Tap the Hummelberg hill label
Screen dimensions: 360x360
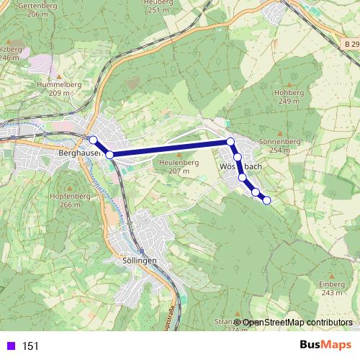click(x=59, y=84)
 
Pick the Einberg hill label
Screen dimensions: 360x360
click(x=332, y=284)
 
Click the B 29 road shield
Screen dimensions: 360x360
click(x=349, y=45)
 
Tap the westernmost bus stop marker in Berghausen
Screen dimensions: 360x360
click(x=93, y=140)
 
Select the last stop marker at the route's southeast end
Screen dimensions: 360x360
click(x=267, y=200)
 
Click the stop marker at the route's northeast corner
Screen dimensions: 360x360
click(x=230, y=142)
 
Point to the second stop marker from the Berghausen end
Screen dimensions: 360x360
click(x=109, y=154)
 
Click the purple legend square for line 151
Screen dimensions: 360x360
click(x=10, y=346)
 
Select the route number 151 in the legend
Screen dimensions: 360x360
click(x=30, y=346)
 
